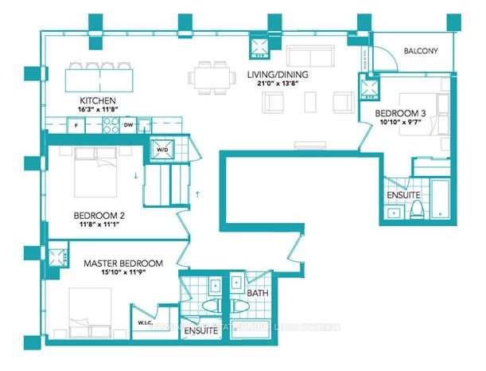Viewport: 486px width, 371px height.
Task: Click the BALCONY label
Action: coord(421,51)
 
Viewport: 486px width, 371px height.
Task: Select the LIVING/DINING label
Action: coord(278,76)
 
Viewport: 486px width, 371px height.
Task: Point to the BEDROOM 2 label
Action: coord(99,216)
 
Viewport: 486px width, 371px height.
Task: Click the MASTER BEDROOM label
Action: coord(123,264)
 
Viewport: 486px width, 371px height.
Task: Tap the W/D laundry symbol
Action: coord(161,149)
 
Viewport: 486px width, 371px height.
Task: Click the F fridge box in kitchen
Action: coord(76,125)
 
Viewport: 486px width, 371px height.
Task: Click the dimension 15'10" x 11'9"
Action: coord(123,272)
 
